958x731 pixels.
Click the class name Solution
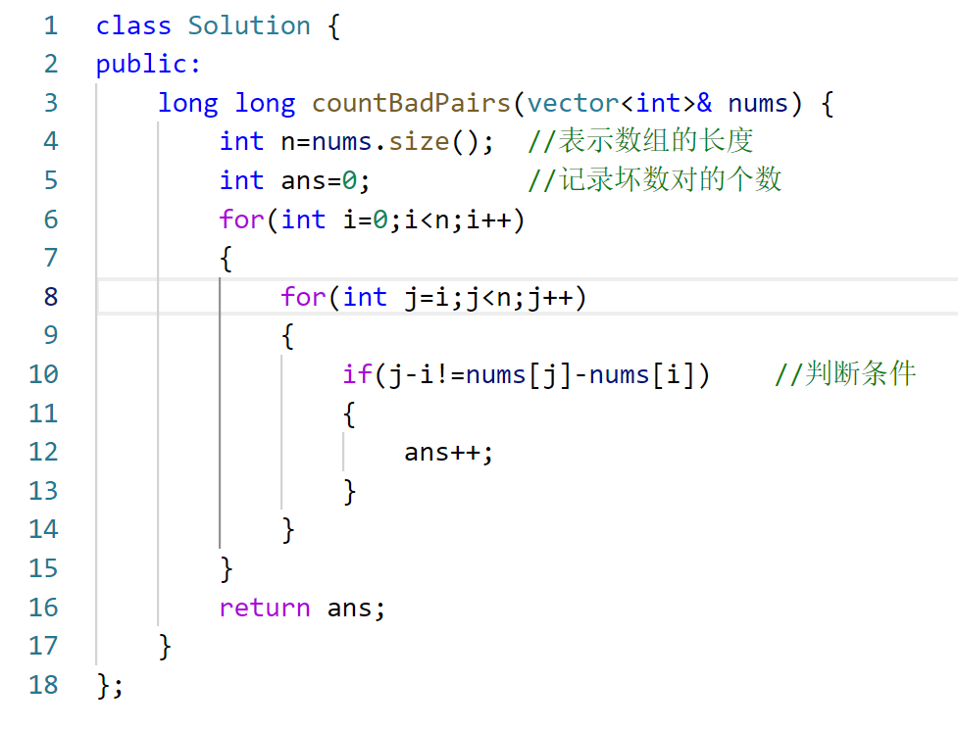[x=249, y=25]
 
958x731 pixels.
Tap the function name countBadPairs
[x=412, y=103]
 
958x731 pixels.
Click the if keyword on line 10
[x=357, y=374]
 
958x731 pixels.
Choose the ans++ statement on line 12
[x=448, y=452]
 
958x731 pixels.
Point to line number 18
[x=43, y=685]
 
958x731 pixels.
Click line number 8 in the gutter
[x=51, y=297]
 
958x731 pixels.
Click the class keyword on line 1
[x=134, y=25]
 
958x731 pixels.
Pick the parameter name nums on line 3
[x=757, y=103]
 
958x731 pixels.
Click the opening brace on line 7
[x=227, y=259]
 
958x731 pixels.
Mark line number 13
[x=43, y=491]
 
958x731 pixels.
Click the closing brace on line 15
[x=227, y=568]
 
